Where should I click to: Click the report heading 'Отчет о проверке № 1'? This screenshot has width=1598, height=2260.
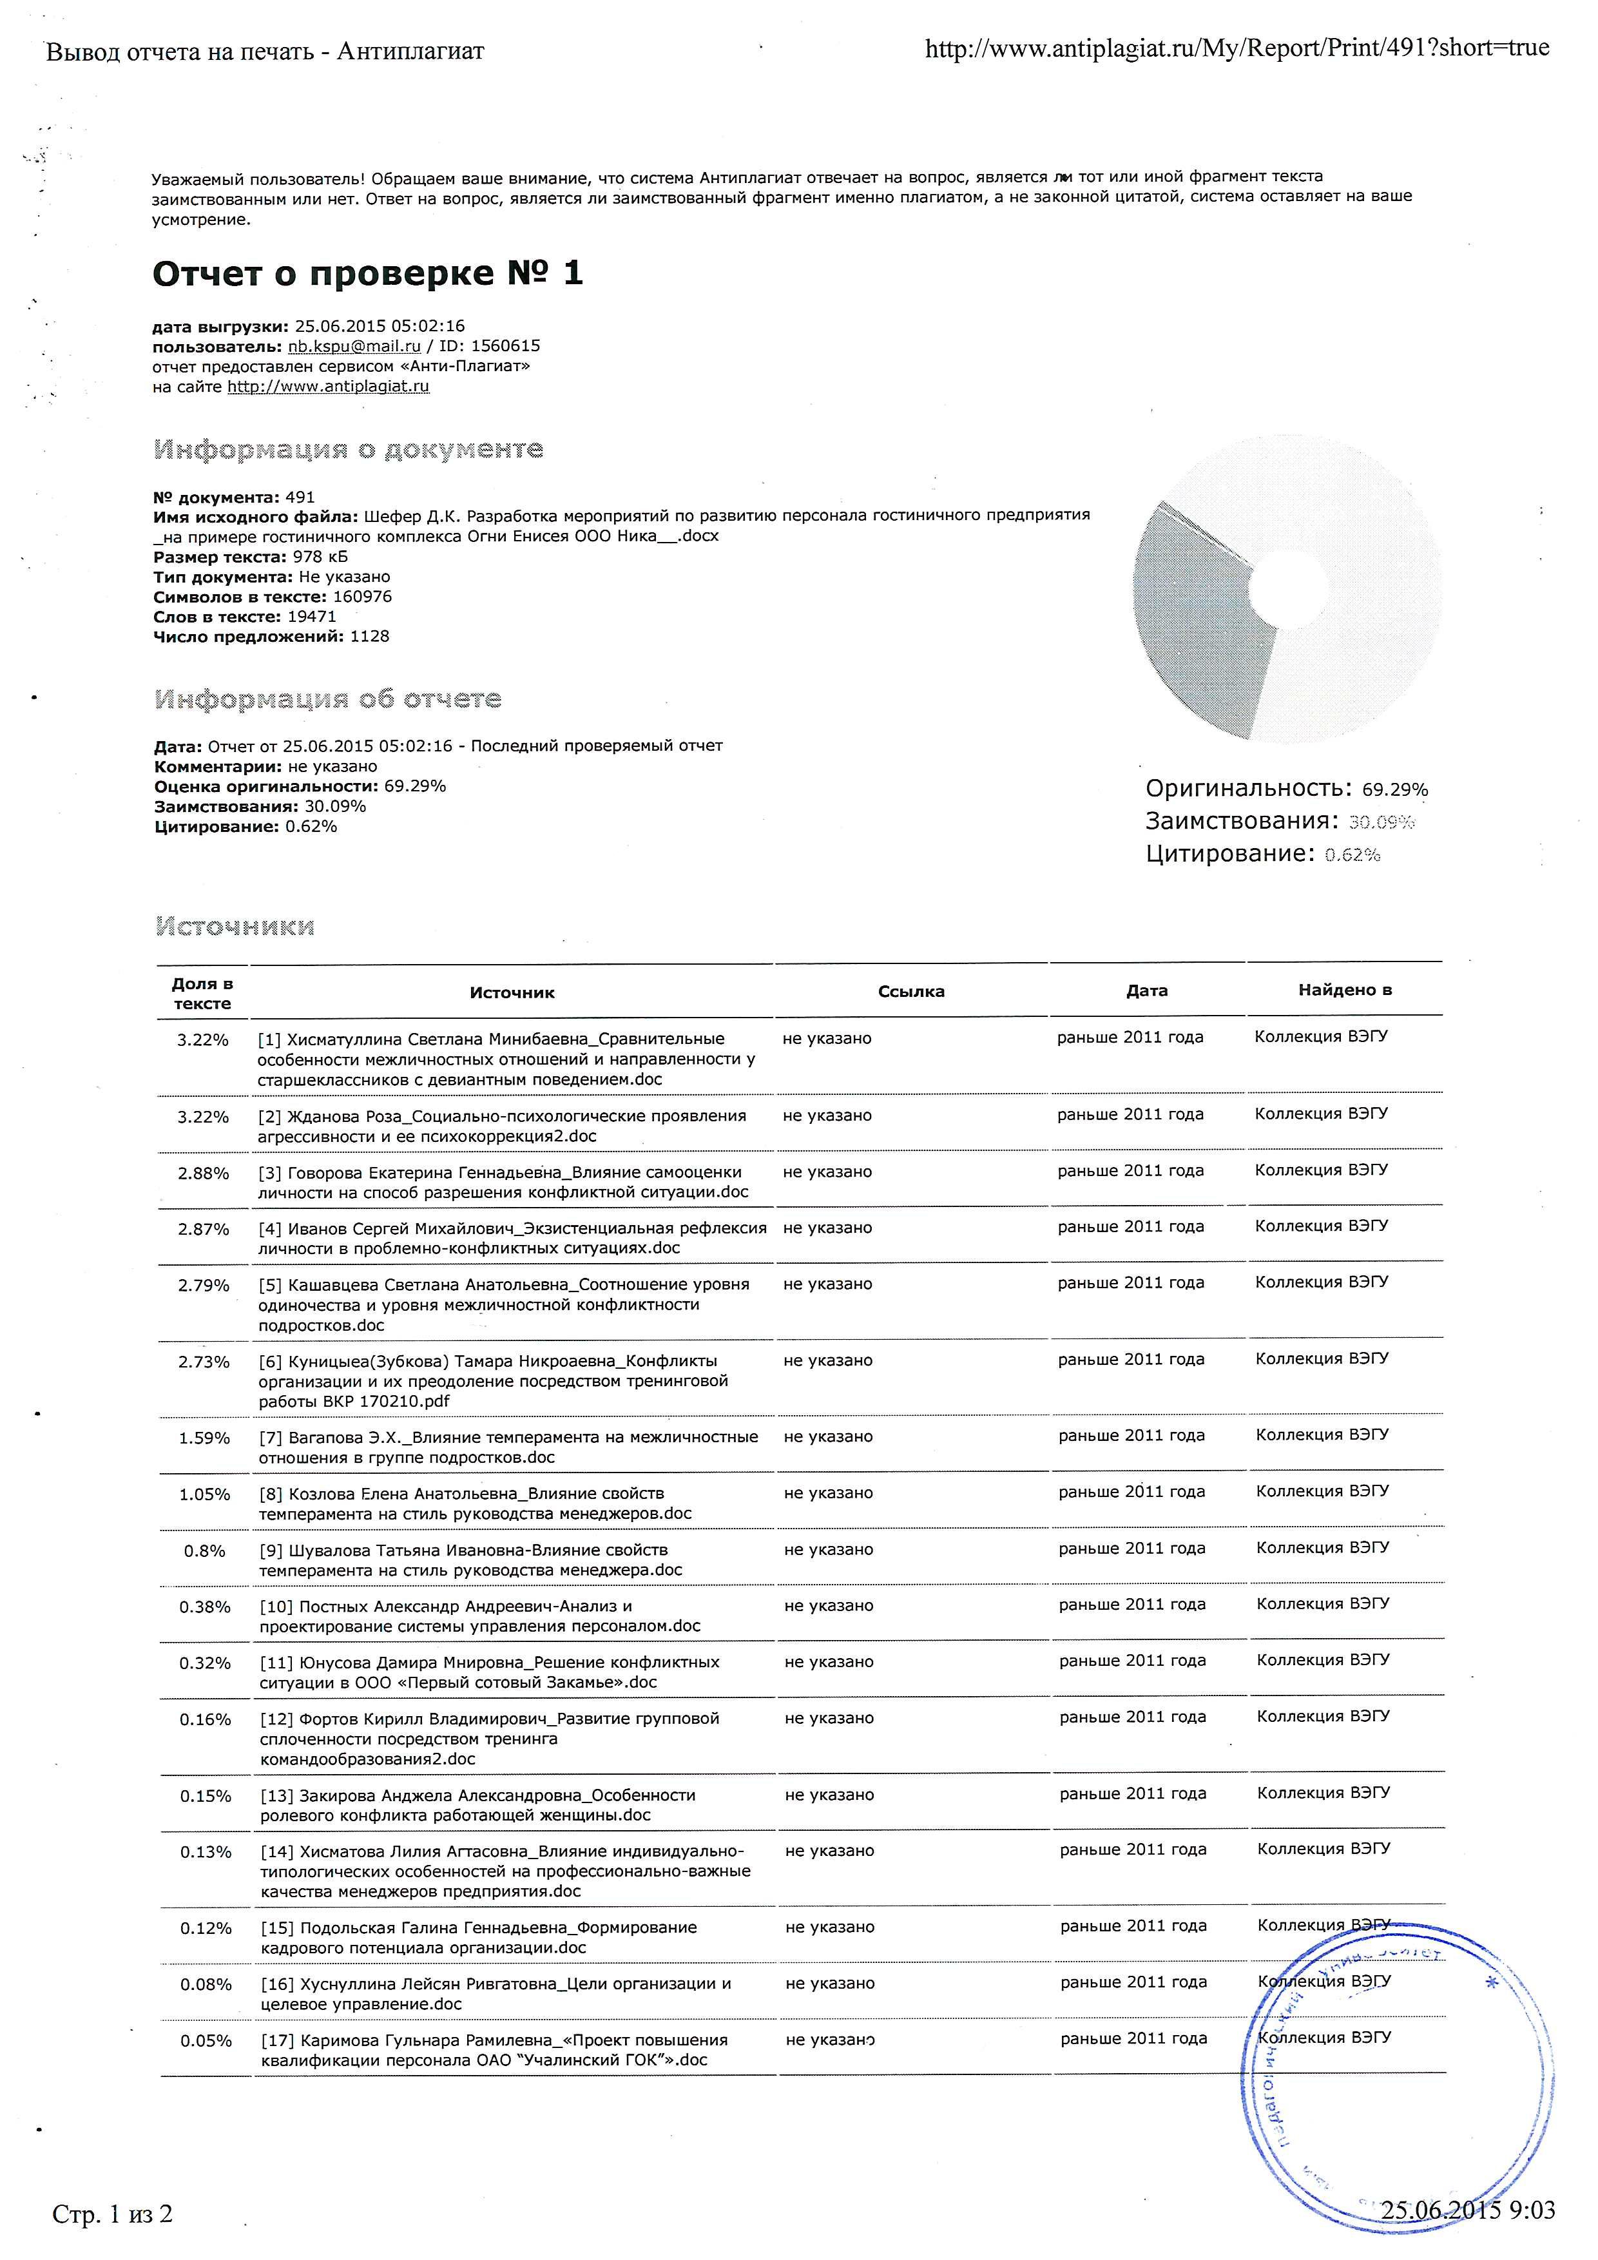tap(367, 274)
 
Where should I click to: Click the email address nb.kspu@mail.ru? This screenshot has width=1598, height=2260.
tap(353, 347)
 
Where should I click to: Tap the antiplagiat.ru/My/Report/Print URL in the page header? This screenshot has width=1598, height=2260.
tap(1236, 47)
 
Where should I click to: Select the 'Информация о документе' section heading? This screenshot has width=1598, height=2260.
tap(349, 450)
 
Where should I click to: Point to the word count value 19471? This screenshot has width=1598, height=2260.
tap(312, 617)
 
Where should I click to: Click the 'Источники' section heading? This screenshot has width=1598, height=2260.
tap(235, 926)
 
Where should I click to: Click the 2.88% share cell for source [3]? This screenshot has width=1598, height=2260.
tap(203, 1173)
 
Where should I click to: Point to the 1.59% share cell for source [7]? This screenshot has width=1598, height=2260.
tap(204, 1438)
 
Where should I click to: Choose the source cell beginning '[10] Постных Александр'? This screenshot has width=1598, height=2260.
tap(480, 1616)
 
